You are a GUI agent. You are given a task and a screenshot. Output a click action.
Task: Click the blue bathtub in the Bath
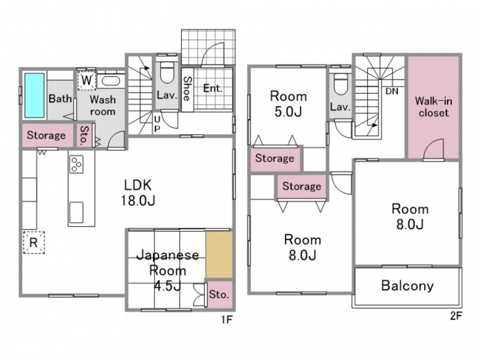34,95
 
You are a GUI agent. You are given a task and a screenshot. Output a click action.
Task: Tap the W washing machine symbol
86,80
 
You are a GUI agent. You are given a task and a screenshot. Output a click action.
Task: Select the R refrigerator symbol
34,242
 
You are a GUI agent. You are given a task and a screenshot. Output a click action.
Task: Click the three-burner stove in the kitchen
76,164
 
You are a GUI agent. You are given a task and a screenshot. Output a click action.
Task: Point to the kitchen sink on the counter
76,212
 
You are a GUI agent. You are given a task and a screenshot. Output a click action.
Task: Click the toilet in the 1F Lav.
167,73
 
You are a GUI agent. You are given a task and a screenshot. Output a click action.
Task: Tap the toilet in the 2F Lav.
341,84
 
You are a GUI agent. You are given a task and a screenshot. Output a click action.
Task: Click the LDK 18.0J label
138,193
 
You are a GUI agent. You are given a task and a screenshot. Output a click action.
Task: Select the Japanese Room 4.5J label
167,271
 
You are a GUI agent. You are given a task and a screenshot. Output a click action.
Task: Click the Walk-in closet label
433,107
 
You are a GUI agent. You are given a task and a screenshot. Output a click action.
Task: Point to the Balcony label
407,286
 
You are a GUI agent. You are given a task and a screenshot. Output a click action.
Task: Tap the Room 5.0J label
289,104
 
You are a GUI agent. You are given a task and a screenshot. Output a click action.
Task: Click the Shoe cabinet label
187,88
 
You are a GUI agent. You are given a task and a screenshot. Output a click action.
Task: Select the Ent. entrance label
213,88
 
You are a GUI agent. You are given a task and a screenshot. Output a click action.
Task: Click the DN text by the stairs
392,91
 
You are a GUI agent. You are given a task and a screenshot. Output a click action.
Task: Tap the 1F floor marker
227,320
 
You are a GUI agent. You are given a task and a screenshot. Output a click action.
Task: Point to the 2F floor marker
455,316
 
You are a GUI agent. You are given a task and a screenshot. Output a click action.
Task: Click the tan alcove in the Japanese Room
219,254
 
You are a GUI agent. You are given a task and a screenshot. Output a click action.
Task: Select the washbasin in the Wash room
112,81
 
